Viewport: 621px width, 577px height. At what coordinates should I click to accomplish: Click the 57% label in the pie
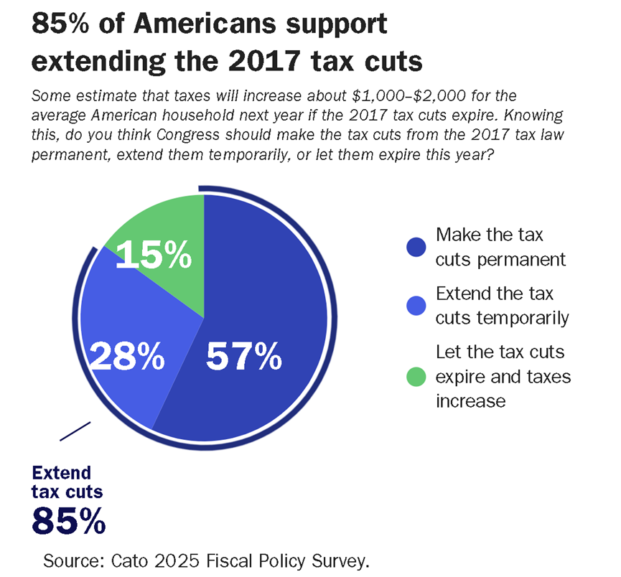tap(243, 357)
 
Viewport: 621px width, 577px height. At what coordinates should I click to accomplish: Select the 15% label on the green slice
tap(154, 254)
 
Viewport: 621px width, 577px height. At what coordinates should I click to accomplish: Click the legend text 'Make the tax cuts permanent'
tap(500, 246)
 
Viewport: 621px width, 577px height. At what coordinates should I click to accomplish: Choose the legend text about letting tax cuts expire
tap(503, 375)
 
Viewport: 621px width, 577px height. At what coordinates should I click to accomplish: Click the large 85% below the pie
tap(69, 520)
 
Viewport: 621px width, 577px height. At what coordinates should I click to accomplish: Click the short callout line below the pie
tap(75, 431)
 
